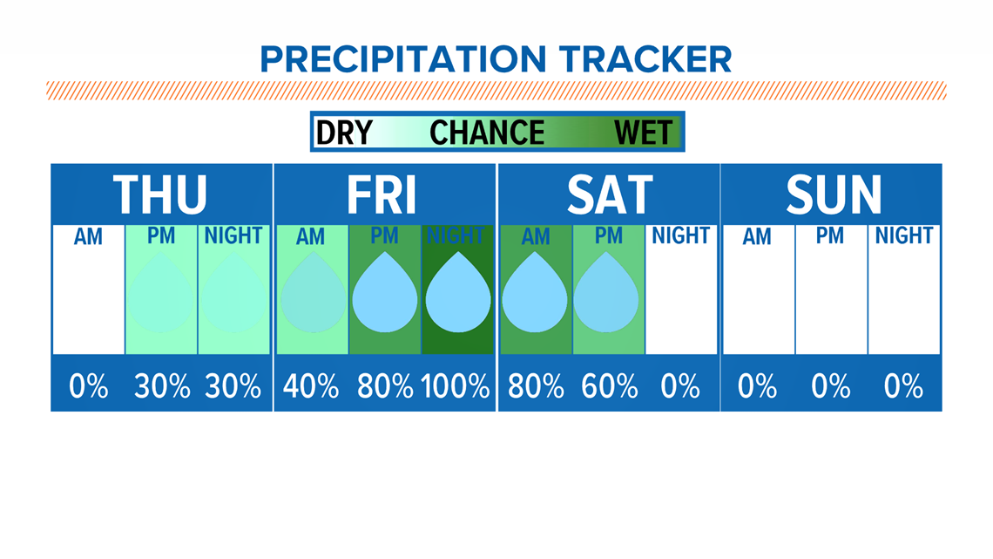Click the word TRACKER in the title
pyautogui.click(x=645, y=59)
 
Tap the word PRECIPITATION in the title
pyautogui.click(x=402, y=59)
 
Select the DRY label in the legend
pyautogui.click(x=344, y=133)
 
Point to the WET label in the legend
pyautogui.click(x=643, y=133)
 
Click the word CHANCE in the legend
pyautogui.click(x=487, y=133)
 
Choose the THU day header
pyautogui.click(x=160, y=194)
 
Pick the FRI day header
pyautogui.click(x=382, y=194)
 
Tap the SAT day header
pyautogui.click(x=609, y=194)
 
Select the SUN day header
pyautogui.click(x=834, y=194)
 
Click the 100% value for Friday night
pyautogui.click(x=456, y=386)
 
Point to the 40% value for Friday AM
pyautogui.click(x=310, y=386)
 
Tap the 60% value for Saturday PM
pyautogui.click(x=609, y=386)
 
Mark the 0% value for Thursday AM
pyautogui.click(x=89, y=386)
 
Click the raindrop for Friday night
pyautogui.click(x=458, y=292)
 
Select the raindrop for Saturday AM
pyautogui.click(x=535, y=292)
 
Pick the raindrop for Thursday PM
pyautogui.click(x=161, y=292)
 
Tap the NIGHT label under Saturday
pyautogui.click(x=681, y=235)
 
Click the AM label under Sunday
pyautogui.click(x=757, y=237)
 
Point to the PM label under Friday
pyautogui.click(x=384, y=235)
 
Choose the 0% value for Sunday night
pyautogui.click(x=903, y=386)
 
